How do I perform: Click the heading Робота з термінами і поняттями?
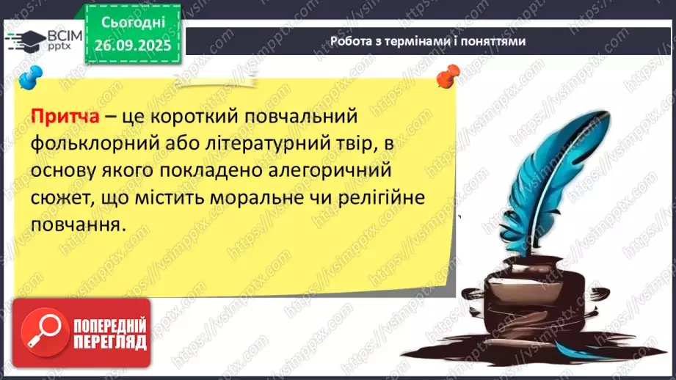(428, 42)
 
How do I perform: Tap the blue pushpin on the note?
(30, 76)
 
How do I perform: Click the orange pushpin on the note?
(446, 75)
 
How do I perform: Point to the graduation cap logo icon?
(23, 40)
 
